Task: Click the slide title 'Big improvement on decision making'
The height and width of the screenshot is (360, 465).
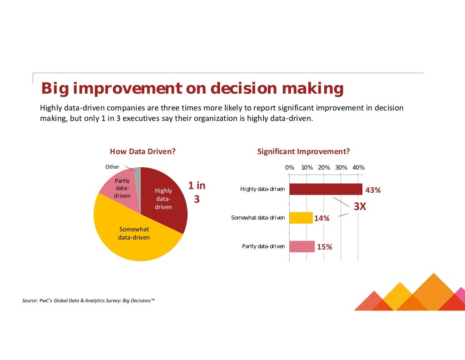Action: [192, 88]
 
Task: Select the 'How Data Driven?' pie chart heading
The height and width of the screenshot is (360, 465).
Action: [143, 152]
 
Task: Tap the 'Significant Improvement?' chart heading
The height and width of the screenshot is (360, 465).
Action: [303, 152]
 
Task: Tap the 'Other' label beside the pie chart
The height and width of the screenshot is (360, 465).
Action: [112, 167]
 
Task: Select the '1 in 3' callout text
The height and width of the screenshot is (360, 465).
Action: [197, 192]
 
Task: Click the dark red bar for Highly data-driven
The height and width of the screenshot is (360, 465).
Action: [326, 189]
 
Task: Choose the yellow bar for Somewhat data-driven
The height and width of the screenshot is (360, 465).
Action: [301, 218]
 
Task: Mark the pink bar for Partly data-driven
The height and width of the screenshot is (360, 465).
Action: [302, 246]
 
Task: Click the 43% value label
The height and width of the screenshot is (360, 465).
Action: [373, 190]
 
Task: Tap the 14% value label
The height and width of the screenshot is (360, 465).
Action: [322, 219]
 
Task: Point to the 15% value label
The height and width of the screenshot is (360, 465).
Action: [324, 247]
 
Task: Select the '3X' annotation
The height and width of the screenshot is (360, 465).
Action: [360, 206]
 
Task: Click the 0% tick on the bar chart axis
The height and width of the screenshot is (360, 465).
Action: [290, 167]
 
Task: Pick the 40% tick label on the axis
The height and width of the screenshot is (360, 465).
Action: [358, 167]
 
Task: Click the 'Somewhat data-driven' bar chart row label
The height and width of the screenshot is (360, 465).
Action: [258, 218]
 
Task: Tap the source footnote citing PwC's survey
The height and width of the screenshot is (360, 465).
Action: [89, 300]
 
